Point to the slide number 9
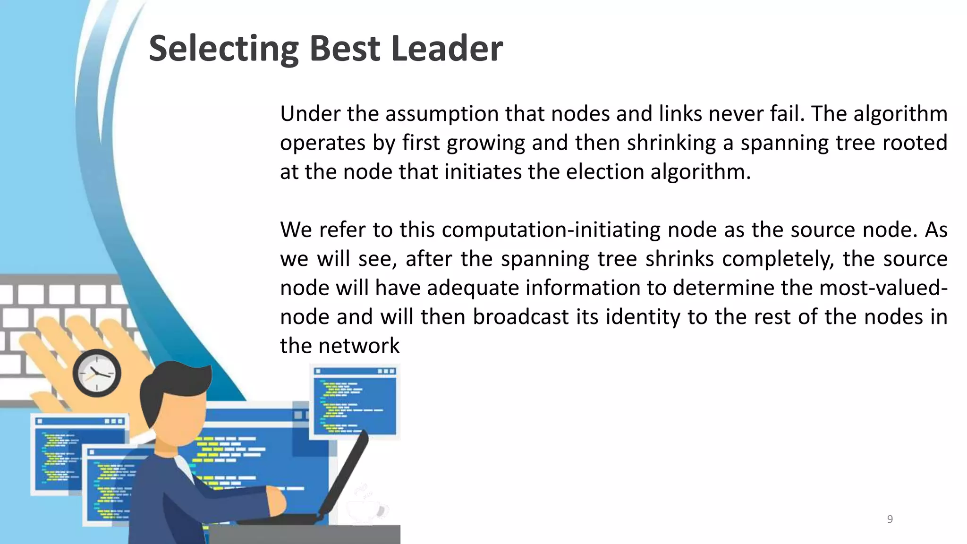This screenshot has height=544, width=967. click(x=890, y=519)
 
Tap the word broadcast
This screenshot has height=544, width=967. click(x=521, y=317)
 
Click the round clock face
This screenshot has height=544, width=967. click(x=97, y=373)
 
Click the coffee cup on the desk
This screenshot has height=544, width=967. click(x=366, y=510)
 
